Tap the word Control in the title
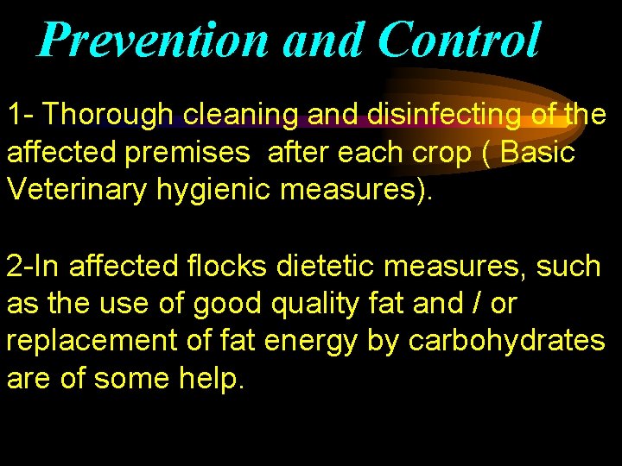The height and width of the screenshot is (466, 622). click(459, 40)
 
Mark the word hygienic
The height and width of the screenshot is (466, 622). click(219, 190)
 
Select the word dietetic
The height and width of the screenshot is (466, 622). click(327, 267)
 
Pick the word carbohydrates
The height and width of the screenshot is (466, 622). click(507, 342)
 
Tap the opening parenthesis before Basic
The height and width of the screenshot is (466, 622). click(487, 153)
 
